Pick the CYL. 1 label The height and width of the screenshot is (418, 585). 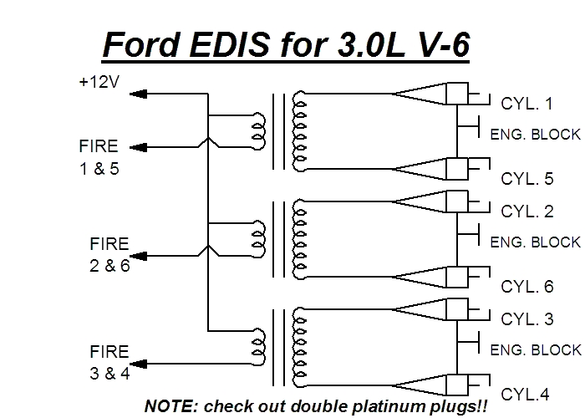pyautogui.click(x=526, y=104)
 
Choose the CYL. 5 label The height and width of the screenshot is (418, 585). pyautogui.click(x=526, y=178)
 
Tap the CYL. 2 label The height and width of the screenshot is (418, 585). pyautogui.click(x=526, y=212)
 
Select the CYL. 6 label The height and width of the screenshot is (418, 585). pyautogui.click(x=526, y=287)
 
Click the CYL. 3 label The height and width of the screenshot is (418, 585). pyautogui.click(x=526, y=319)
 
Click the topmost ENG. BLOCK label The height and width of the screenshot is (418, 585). pyautogui.click(x=535, y=134)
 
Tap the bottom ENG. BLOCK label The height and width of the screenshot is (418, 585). pyautogui.click(x=535, y=349)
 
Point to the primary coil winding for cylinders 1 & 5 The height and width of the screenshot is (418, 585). pyautogui.click(x=259, y=130)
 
